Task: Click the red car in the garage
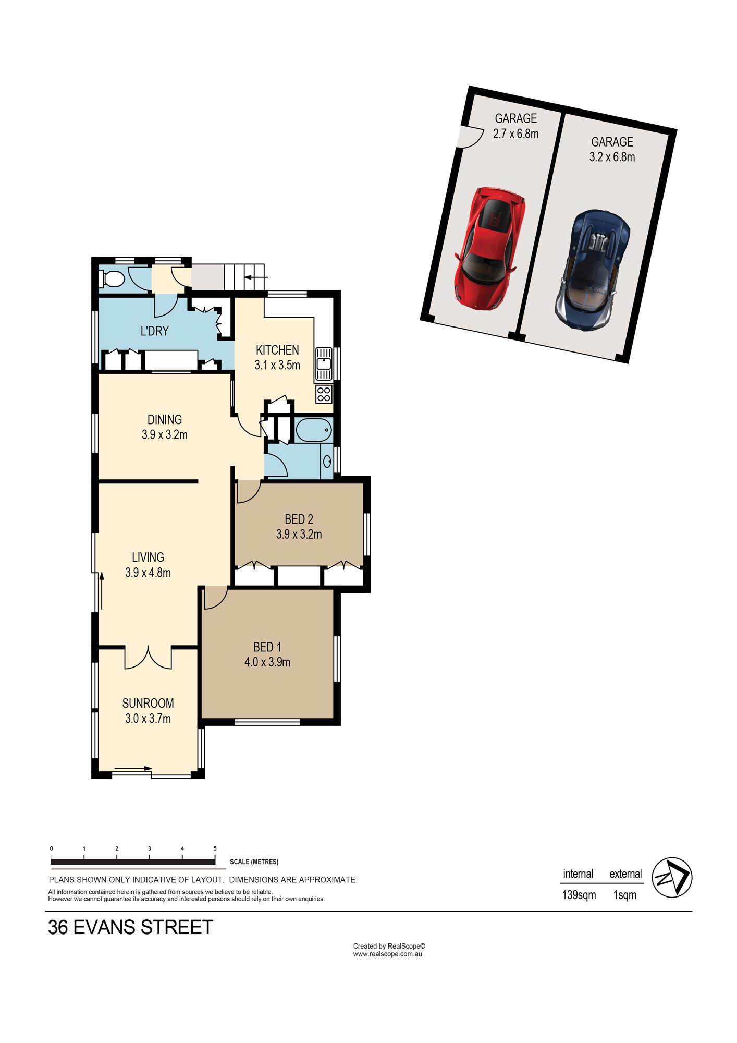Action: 489,249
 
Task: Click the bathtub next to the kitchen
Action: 314,430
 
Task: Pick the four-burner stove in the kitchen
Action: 324,394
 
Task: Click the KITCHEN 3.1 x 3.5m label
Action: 277,357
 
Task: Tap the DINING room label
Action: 165,419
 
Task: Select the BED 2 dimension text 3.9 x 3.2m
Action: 299,535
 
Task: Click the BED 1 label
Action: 267,647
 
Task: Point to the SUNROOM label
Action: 148,703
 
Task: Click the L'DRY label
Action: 155,331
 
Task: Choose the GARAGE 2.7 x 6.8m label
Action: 515,126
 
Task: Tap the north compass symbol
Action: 671,878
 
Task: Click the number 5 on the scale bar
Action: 215,849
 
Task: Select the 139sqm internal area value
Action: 579,895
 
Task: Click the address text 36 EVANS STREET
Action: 130,928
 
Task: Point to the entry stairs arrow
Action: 255,278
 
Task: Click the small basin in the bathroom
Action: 327,461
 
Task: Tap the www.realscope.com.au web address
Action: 387,954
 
